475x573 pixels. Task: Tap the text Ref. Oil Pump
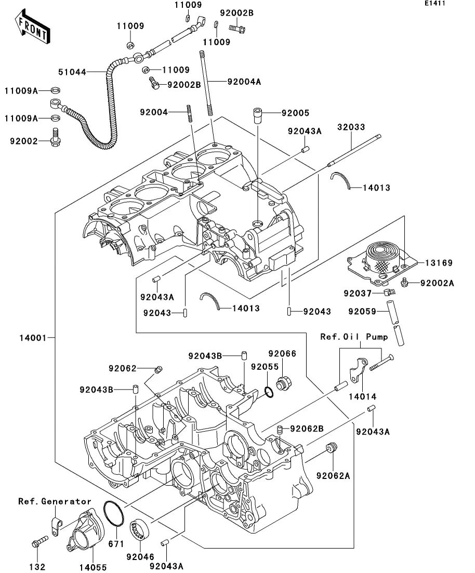[x=354, y=337]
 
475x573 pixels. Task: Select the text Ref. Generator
[x=55, y=501]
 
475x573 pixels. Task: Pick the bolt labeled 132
[x=38, y=543]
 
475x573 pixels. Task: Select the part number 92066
[x=282, y=354]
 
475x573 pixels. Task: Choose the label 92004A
[x=244, y=81]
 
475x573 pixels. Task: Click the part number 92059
[x=362, y=312]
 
